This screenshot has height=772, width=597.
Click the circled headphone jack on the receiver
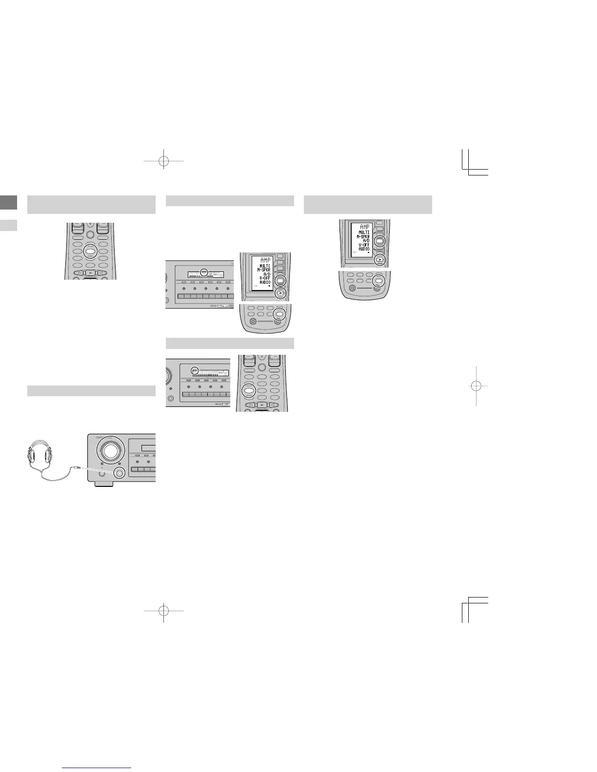[x=119, y=472]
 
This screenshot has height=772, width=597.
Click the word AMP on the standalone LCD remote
[x=364, y=227]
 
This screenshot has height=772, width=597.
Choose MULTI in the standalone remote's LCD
[x=364, y=232]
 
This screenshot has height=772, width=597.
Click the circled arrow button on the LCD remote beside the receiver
[x=279, y=293]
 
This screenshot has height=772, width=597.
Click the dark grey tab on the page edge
[x=8, y=203]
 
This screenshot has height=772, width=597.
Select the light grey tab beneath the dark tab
[x=8, y=225]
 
